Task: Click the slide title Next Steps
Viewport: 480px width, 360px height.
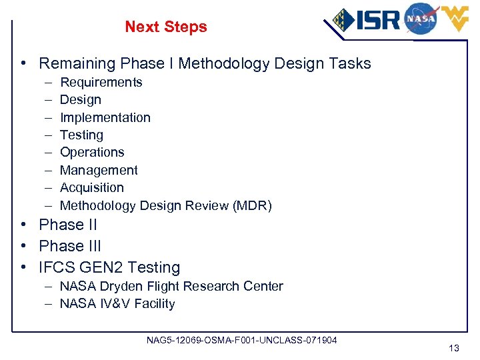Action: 166,27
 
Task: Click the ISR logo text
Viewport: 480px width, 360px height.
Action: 376,19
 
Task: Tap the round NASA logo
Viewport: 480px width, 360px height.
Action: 420,18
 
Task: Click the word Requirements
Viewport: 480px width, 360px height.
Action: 101,82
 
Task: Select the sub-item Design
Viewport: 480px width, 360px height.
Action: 81,100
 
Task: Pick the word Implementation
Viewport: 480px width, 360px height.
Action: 105,117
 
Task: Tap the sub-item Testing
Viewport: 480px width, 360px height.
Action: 81,135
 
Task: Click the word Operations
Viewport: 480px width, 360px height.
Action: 92,153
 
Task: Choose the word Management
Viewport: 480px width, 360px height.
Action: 99,171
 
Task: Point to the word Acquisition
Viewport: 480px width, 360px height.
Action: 92,188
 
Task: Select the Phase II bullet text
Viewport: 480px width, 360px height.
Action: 67,225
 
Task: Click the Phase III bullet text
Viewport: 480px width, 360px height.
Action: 70,246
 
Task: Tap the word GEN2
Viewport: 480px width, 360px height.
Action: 98,267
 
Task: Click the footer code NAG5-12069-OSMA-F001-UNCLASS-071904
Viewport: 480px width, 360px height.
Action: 241,341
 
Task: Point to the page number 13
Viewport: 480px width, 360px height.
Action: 454,347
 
